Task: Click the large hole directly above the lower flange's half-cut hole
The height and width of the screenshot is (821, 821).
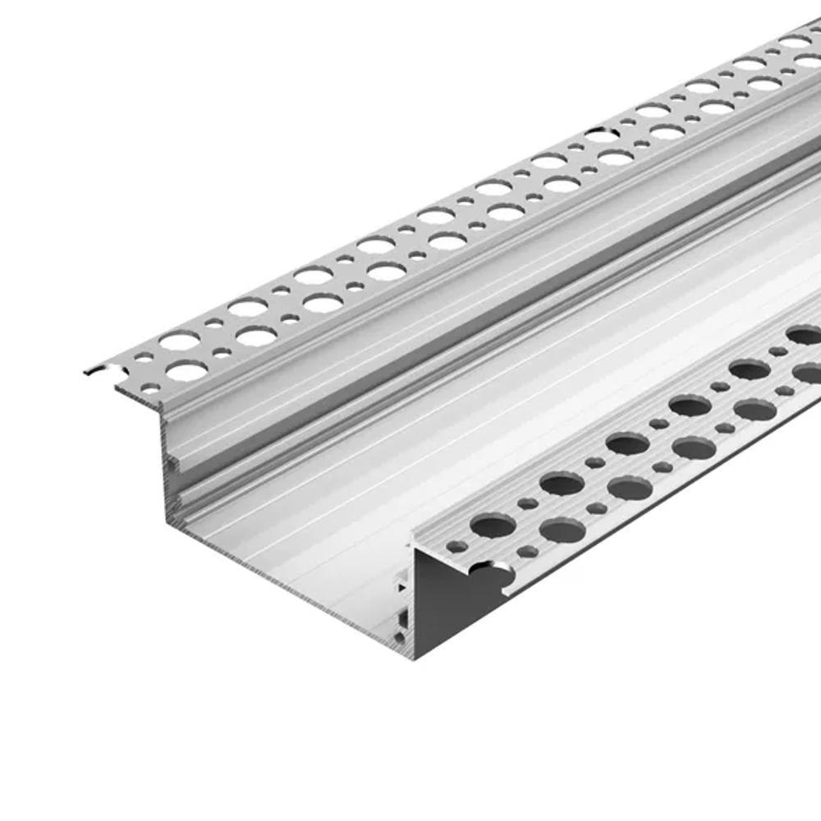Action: click(492, 525)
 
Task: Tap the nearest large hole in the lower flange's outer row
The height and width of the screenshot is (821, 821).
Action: click(562, 530)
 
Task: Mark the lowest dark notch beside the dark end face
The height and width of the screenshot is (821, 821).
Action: click(400, 636)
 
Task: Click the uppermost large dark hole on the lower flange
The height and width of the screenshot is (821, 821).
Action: click(805, 334)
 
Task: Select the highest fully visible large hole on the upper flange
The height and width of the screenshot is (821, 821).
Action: click(795, 42)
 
